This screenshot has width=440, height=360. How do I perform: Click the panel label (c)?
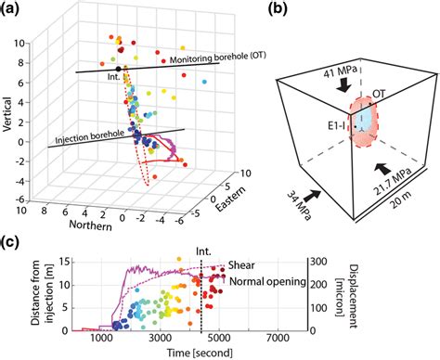click(x=12, y=243)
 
